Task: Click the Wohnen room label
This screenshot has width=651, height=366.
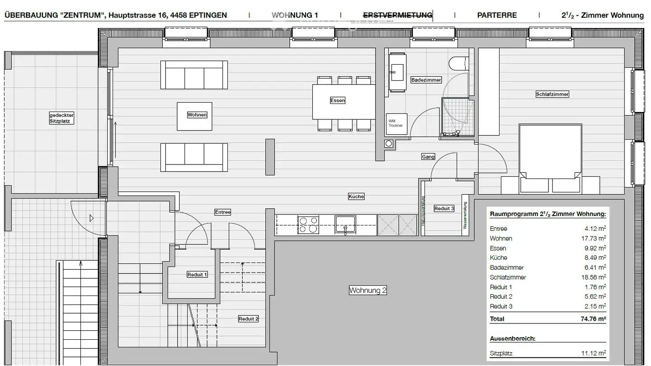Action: coord(197,115)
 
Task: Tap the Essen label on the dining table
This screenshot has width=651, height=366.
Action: coord(337,100)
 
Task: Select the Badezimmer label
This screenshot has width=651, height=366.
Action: coord(426,80)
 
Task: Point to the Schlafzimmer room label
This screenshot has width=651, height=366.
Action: coord(552,94)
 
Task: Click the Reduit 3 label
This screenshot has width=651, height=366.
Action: coord(444,208)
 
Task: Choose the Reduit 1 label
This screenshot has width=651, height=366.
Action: coord(197,274)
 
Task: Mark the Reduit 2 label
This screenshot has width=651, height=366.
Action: coord(248,319)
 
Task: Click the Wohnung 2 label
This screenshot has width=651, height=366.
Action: coord(368,291)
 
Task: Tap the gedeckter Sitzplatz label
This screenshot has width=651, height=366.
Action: coord(61,118)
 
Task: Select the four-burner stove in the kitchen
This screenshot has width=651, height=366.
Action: coord(308,225)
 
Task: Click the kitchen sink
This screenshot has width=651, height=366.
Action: coord(345,225)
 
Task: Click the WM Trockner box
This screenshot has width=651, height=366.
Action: coord(397,123)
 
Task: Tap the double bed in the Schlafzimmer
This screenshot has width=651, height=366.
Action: coord(550,154)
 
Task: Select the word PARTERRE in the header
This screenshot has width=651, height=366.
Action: coord(497,15)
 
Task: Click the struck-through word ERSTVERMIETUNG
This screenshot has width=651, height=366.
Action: coord(397,15)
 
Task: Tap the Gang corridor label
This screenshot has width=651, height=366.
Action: coord(428,157)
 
